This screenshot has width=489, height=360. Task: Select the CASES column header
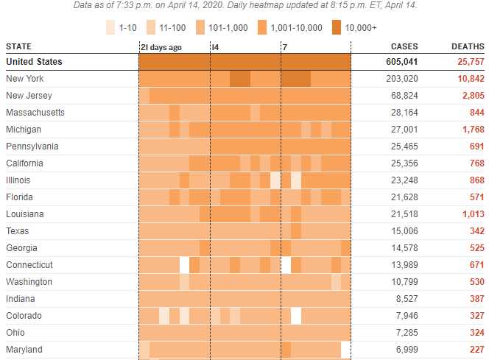click(x=404, y=46)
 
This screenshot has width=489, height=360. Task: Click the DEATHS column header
click(x=468, y=46)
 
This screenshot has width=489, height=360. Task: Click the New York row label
click(x=24, y=79)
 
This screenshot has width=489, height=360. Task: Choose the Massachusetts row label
click(x=35, y=113)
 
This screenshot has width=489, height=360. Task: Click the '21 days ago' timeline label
click(x=161, y=47)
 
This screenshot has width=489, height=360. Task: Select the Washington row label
click(x=29, y=282)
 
